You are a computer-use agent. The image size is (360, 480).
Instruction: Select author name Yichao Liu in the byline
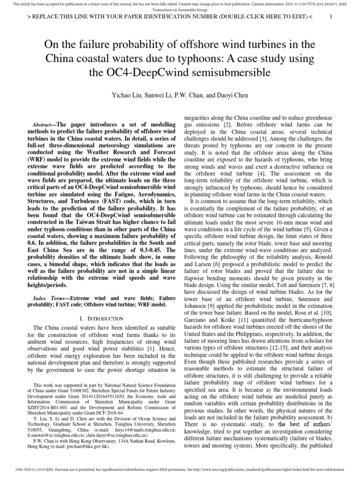[127, 95]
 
